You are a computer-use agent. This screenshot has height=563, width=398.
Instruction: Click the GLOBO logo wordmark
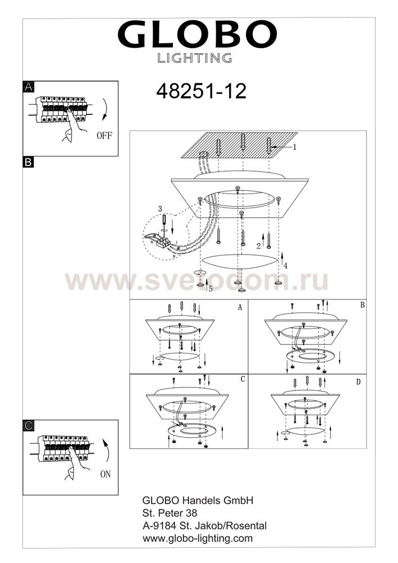pyautogui.click(x=197, y=34)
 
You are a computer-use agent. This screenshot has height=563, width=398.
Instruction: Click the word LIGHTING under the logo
pyautogui.click(x=195, y=58)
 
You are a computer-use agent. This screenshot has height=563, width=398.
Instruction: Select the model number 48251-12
pyautogui.click(x=202, y=91)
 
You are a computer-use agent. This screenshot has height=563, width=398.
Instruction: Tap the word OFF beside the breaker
pyautogui.click(x=104, y=136)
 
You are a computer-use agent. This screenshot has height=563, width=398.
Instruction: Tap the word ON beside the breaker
pyautogui.click(x=105, y=474)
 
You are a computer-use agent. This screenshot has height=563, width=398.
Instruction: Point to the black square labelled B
pyautogui.click(x=28, y=162)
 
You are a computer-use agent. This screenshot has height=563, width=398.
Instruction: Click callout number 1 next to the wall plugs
pyautogui.click(x=294, y=147)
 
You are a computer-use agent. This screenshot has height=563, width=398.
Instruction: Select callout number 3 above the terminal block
pyautogui.click(x=160, y=209)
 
